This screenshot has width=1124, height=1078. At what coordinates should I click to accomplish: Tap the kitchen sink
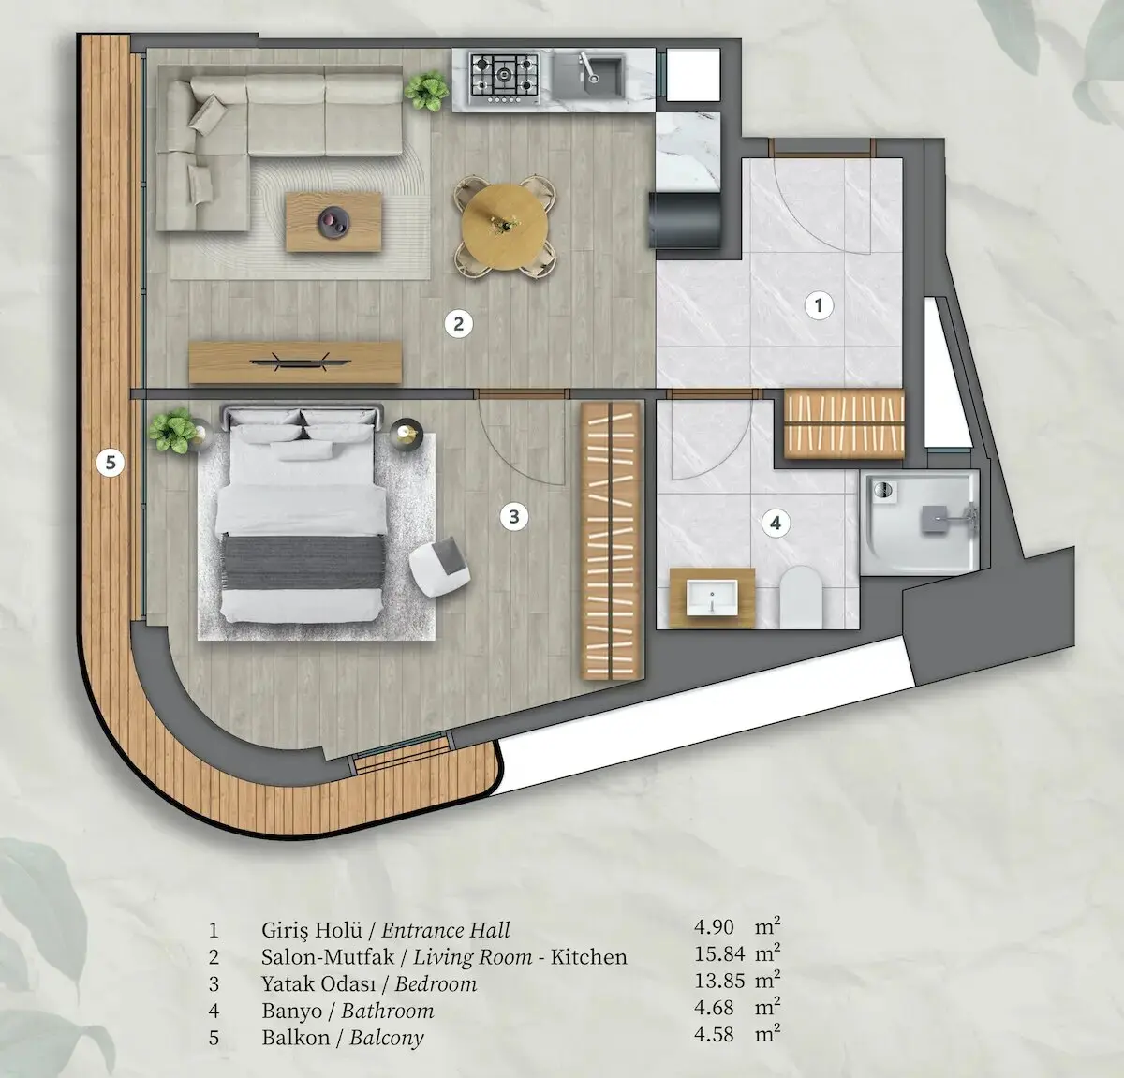click(587, 75)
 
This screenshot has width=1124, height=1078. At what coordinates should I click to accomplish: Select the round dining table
click(504, 227)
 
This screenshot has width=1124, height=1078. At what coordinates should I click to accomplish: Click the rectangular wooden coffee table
click(333, 222)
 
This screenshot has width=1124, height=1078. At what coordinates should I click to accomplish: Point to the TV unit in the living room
click(295, 362)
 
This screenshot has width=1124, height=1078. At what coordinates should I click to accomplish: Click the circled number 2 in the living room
click(459, 324)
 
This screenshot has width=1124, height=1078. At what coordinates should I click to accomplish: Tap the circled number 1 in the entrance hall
click(819, 305)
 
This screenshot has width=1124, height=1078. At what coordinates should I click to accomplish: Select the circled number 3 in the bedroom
click(514, 516)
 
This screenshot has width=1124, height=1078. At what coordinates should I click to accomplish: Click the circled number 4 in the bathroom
click(776, 524)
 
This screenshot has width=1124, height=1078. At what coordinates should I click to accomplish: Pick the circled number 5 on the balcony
click(111, 463)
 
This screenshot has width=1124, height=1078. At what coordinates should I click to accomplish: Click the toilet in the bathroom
click(801, 597)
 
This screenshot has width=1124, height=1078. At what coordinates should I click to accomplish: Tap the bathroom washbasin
click(712, 598)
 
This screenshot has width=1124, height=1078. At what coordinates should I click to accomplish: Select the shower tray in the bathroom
click(920, 522)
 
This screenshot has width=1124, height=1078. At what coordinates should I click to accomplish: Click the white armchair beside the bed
click(440, 566)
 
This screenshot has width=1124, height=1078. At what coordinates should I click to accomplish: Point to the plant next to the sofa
click(426, 91)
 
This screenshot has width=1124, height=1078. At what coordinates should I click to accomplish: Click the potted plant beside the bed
click(172, 431)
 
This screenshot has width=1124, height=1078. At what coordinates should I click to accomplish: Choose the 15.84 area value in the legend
click(719, 953)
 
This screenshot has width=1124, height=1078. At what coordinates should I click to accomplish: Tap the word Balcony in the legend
click(387, 1038)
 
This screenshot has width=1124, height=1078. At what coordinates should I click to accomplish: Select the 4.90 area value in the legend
click(714, 926)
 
